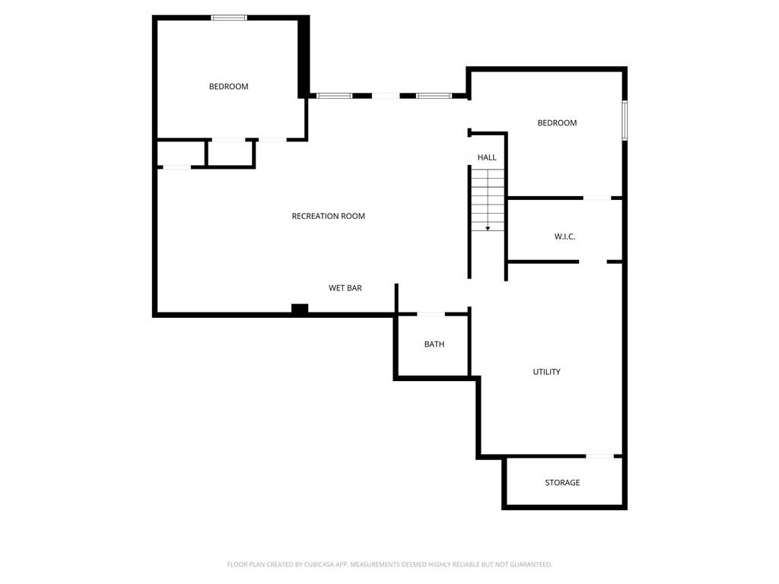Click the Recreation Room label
pos(328,216)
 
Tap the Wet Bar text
pos(345,288)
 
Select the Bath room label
pos(434,344)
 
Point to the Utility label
pos(546,372)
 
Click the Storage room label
pos(562,483)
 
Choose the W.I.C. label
pos(565,237)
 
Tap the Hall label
pos(487,157)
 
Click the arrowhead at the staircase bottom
pos(488,228)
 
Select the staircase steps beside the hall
pos(488,200)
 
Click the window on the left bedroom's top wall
pos(229,18)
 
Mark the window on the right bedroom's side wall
pos(625,121)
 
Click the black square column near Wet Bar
pos(300,309)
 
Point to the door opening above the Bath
pos(431,314)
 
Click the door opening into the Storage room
pos(599,456)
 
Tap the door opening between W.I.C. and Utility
pos(593,262)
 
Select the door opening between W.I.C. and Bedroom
pos(596,198)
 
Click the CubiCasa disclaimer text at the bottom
pos(389,565)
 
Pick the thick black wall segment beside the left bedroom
pos(304,57)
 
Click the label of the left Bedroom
pos(228,87)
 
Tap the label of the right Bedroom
pos(557,122)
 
